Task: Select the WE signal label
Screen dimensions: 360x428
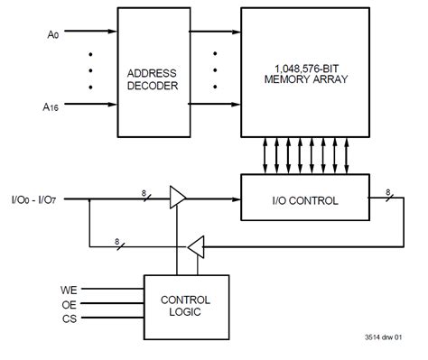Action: (69, 291)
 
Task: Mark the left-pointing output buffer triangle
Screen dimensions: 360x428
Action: (196, 244)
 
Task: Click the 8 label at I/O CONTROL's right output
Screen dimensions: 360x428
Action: (389, 191)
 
